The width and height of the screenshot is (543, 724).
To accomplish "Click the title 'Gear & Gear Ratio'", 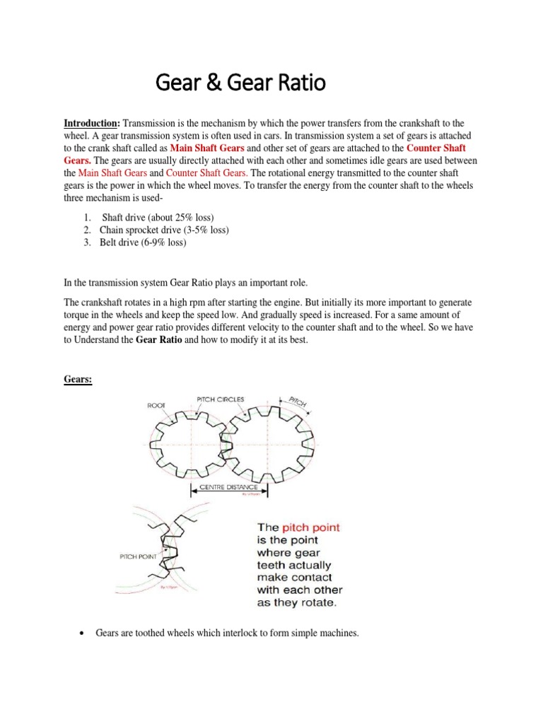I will [x=240, y=84].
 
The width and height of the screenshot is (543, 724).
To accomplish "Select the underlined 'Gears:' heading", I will [x=78, y=380].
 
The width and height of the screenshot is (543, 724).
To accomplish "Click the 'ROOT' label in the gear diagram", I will [x=156, y=406].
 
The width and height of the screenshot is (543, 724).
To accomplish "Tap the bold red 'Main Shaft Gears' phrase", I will [x=206, y=148].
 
